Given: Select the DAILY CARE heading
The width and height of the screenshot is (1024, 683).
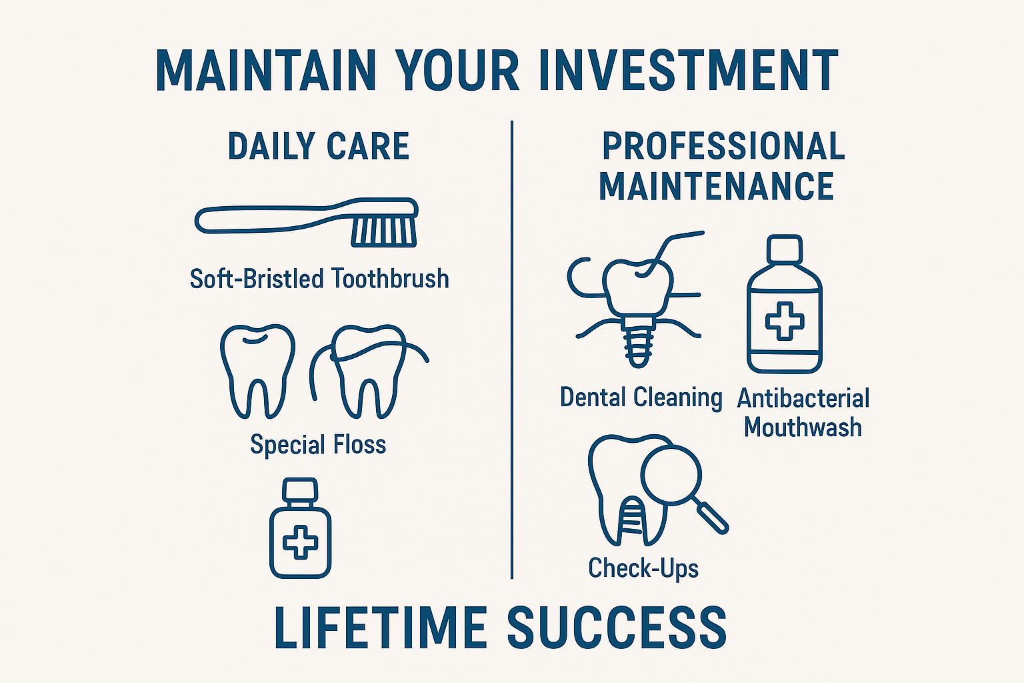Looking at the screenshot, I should [319, 146].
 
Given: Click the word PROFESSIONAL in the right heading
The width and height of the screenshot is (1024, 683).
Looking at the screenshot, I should [723, 146].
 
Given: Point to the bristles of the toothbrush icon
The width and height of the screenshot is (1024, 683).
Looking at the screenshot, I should [384, 231].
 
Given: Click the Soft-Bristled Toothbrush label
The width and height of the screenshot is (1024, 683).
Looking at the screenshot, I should [319, 278].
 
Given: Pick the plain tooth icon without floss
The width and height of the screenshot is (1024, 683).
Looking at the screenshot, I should [257, 370].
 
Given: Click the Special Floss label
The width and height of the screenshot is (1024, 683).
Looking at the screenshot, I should [318, 444].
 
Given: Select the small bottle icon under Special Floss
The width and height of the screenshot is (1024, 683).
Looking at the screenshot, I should [300, 528].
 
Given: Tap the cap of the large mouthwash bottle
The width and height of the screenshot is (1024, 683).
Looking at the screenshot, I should [784, 248].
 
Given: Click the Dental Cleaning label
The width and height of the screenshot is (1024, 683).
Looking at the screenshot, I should [641, 398].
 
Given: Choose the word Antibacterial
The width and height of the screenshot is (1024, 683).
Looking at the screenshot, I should [803, 398].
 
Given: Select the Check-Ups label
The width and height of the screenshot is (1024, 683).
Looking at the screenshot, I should [643, 568].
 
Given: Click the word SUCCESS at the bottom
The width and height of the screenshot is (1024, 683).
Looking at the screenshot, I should [617, 628].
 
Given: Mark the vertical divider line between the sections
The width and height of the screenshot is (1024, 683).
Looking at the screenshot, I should [512, 347].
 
